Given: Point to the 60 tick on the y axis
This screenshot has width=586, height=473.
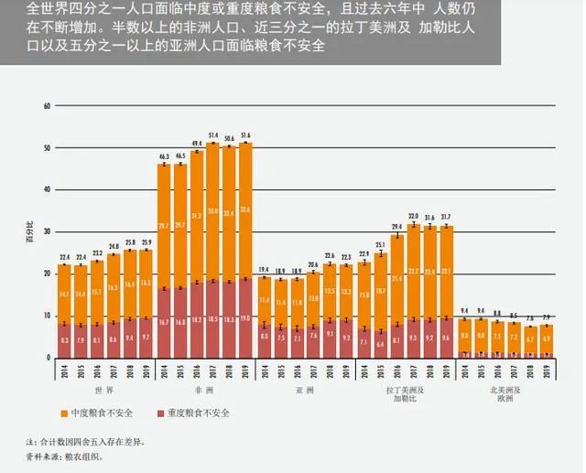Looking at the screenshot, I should tap(45, 106).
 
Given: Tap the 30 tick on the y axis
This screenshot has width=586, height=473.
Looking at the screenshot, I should tap(45, 231).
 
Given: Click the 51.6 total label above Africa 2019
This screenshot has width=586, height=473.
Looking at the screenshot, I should tap(244, 135).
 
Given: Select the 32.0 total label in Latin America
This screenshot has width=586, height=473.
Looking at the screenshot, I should tap(414, 217).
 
